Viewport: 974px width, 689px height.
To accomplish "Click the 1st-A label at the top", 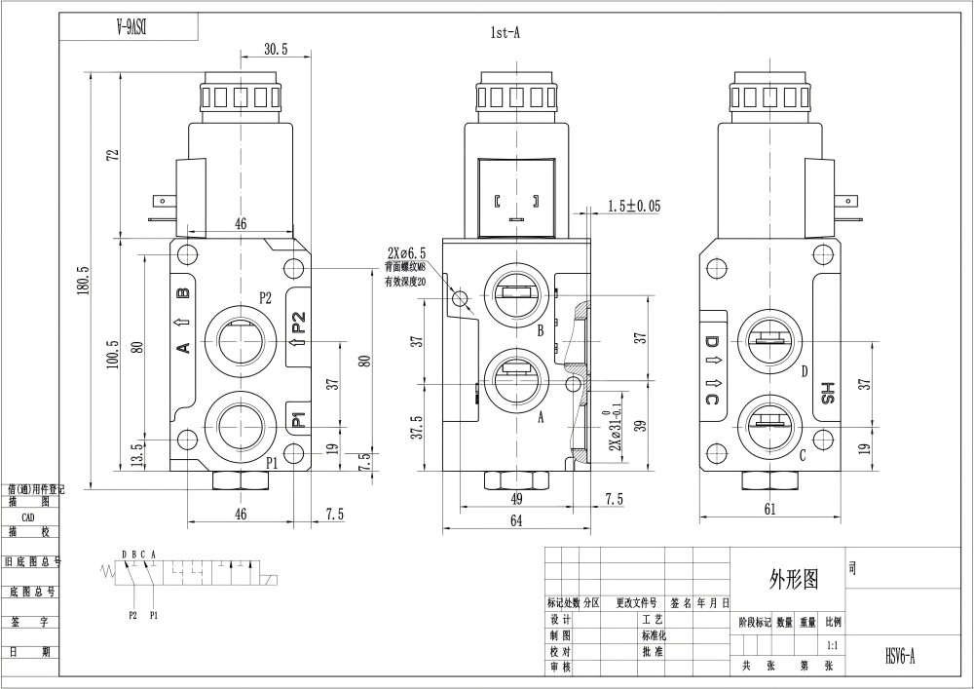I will pos(506,32).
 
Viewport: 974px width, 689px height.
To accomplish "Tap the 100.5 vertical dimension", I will pos(113,355).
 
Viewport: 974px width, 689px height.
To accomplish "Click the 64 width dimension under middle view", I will pos(515,521).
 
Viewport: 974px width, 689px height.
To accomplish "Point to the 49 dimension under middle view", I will pos(515,499).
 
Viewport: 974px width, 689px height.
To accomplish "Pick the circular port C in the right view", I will pos(769,425).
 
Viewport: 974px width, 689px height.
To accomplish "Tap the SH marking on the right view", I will pos(828,392).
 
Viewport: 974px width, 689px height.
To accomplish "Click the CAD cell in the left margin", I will pos(28,517).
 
